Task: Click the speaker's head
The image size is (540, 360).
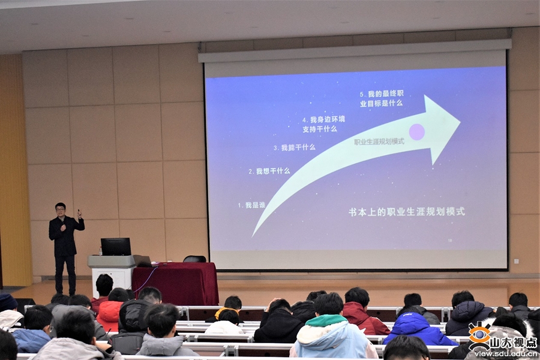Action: point(60,208)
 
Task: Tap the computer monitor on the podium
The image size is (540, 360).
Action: point(116,247)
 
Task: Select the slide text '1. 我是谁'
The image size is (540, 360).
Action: point(251,205)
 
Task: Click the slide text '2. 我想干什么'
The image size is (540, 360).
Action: point(269,171)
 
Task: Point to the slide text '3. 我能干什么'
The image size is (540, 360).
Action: point(294,148)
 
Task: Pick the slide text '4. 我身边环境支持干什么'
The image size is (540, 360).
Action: point(323,124)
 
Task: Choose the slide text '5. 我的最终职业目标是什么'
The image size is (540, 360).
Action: point(381,98)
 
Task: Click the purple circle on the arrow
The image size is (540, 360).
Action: point(417,131)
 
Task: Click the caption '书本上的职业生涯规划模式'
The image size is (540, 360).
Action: point(407,212)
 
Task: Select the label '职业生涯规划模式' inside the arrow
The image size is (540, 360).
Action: point(379,142)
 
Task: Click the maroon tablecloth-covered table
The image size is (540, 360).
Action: point(175,283)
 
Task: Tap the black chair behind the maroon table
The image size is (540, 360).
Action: point(194,259)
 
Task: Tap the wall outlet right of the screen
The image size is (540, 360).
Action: point(516,262)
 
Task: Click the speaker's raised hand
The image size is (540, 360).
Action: point(79,214)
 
